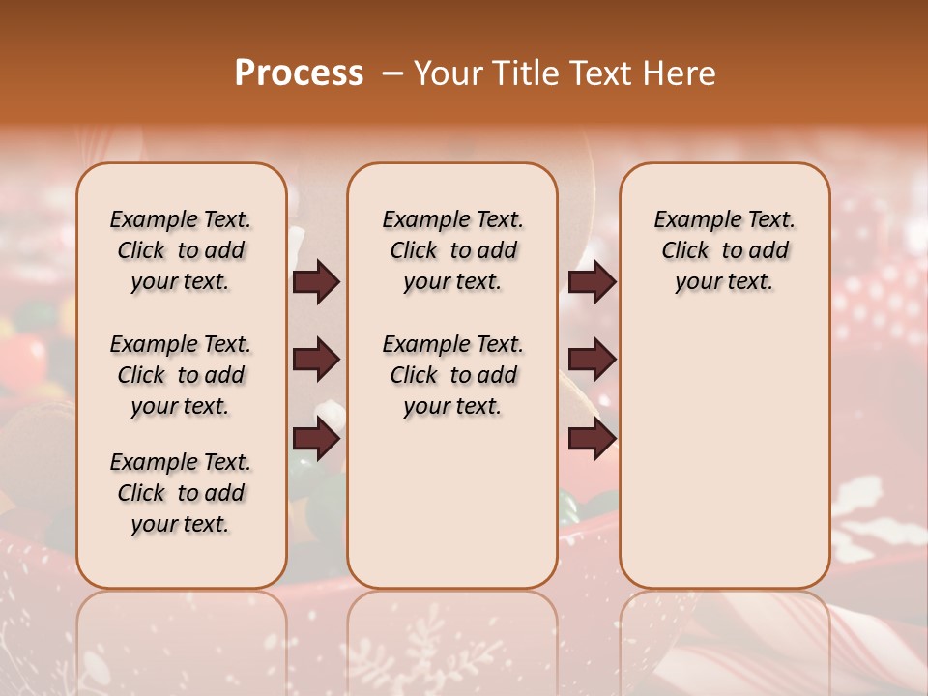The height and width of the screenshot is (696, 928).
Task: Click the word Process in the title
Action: (x=299, y=73)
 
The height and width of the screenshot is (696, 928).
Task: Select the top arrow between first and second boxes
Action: (x=316, y=282)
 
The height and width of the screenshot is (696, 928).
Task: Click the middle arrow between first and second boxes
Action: (x=316, y=361)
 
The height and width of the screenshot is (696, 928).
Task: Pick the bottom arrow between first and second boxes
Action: (x=316, y=439)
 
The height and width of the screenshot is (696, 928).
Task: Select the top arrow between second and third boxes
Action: (x=592, y=282)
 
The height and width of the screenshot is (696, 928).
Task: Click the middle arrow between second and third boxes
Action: (x=592, y=361)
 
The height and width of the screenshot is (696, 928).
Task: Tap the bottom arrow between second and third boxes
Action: (x=592, y=439)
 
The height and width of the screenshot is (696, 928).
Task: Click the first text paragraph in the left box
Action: (x=181, y=250)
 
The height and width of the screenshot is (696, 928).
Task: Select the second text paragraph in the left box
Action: (x=181, y=375)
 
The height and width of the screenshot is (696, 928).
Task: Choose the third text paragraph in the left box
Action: (x=181, y=493)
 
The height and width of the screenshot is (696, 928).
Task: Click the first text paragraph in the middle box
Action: (x=453, y=250)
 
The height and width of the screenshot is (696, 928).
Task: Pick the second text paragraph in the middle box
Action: (x=453, y=375)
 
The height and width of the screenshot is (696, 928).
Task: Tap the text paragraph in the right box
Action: (x=725, y=250)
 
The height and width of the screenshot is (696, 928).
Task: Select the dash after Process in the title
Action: (x=391, y=73)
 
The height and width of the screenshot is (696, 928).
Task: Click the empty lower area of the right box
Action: (x=725, y=454)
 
